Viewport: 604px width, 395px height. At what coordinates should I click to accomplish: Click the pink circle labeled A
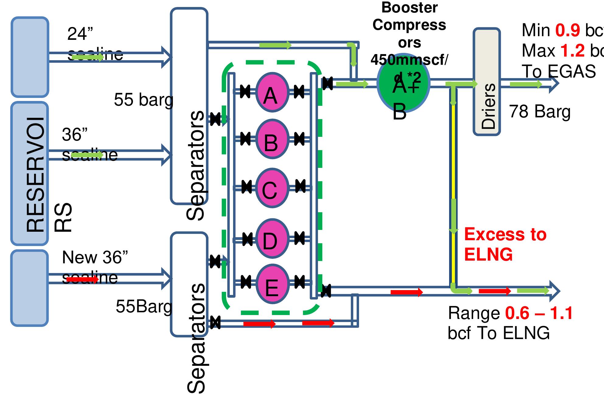tap(272, 92)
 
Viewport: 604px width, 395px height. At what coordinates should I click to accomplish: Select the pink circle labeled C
tap(272, 188)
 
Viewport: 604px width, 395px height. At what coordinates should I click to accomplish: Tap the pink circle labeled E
tap(272, 284)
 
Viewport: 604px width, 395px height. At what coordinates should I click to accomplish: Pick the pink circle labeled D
tap(272, 239)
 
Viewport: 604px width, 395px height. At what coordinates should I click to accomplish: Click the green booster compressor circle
tap(403, 84)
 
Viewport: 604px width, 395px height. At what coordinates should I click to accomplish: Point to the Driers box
tap(487, 81)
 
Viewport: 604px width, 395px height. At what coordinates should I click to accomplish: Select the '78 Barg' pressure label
tap(539, 112)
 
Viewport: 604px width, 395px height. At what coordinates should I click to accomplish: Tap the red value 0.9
tap(567, 30)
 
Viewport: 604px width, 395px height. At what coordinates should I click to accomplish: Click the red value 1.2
tap(572, 51)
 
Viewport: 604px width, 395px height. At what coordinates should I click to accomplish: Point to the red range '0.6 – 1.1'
tap(539, 313)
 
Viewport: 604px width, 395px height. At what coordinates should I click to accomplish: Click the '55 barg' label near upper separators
tap(143, 100)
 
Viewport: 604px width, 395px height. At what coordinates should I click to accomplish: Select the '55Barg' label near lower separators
tap(144, 306)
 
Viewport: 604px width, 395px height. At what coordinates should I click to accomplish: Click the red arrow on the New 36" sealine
tap(82, 279)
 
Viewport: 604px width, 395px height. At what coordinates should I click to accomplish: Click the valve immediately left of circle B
tap(245, 139)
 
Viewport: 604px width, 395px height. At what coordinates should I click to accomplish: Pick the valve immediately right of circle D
tap(299, 238)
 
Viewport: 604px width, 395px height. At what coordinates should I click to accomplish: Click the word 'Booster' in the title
tap(409, 7)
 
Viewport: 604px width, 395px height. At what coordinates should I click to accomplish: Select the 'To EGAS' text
tap(559, 72)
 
